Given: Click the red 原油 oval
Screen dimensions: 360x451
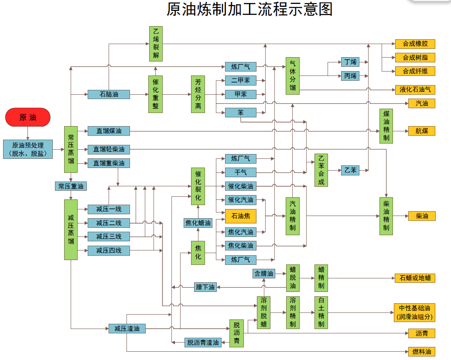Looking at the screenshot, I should coord(28,117).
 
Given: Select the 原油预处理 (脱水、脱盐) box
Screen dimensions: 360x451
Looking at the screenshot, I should coord(28,149).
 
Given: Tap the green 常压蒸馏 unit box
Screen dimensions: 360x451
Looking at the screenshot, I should coord(71,149).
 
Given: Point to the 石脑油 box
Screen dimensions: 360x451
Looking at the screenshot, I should coord(109,94).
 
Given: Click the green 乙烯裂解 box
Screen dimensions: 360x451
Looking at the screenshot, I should coord(156,44).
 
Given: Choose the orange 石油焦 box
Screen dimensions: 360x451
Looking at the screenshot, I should coord(240,216).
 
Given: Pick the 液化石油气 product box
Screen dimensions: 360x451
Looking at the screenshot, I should coord(415,89).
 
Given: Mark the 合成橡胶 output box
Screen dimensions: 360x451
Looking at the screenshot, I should coord(415,44).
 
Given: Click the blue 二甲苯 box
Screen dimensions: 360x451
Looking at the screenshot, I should coord(240,80).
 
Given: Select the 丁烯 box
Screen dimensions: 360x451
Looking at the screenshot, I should coord(350,62).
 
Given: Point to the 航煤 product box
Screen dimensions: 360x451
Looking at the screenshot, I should coord(422,131).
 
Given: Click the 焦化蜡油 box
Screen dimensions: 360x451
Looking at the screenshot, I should coord(198,223).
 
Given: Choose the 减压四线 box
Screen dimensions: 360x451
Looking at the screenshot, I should coord(109,250).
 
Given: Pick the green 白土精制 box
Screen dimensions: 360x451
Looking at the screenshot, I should coord(321,312).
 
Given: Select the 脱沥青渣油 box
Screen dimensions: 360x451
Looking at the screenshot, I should coord(202,343).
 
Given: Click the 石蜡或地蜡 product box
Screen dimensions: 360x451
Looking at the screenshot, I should coord(415,278).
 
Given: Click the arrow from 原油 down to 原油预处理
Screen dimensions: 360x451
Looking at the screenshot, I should coord(28,133).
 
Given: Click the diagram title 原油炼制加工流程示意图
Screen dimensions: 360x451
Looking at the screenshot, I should coord(249,10).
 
